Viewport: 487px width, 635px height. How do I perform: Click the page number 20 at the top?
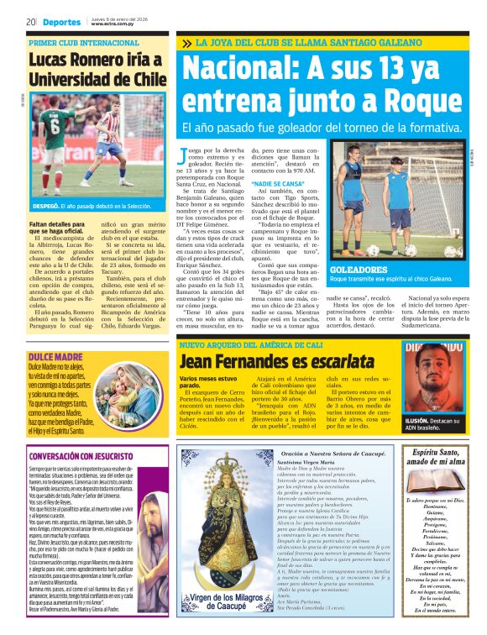30,22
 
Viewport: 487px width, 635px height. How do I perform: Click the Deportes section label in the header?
63,22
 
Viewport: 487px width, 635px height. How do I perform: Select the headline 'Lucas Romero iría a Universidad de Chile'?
94,70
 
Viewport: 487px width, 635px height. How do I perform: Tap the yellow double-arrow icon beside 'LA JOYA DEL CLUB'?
186,43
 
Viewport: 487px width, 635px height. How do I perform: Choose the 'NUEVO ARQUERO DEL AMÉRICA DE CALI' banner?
251,345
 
